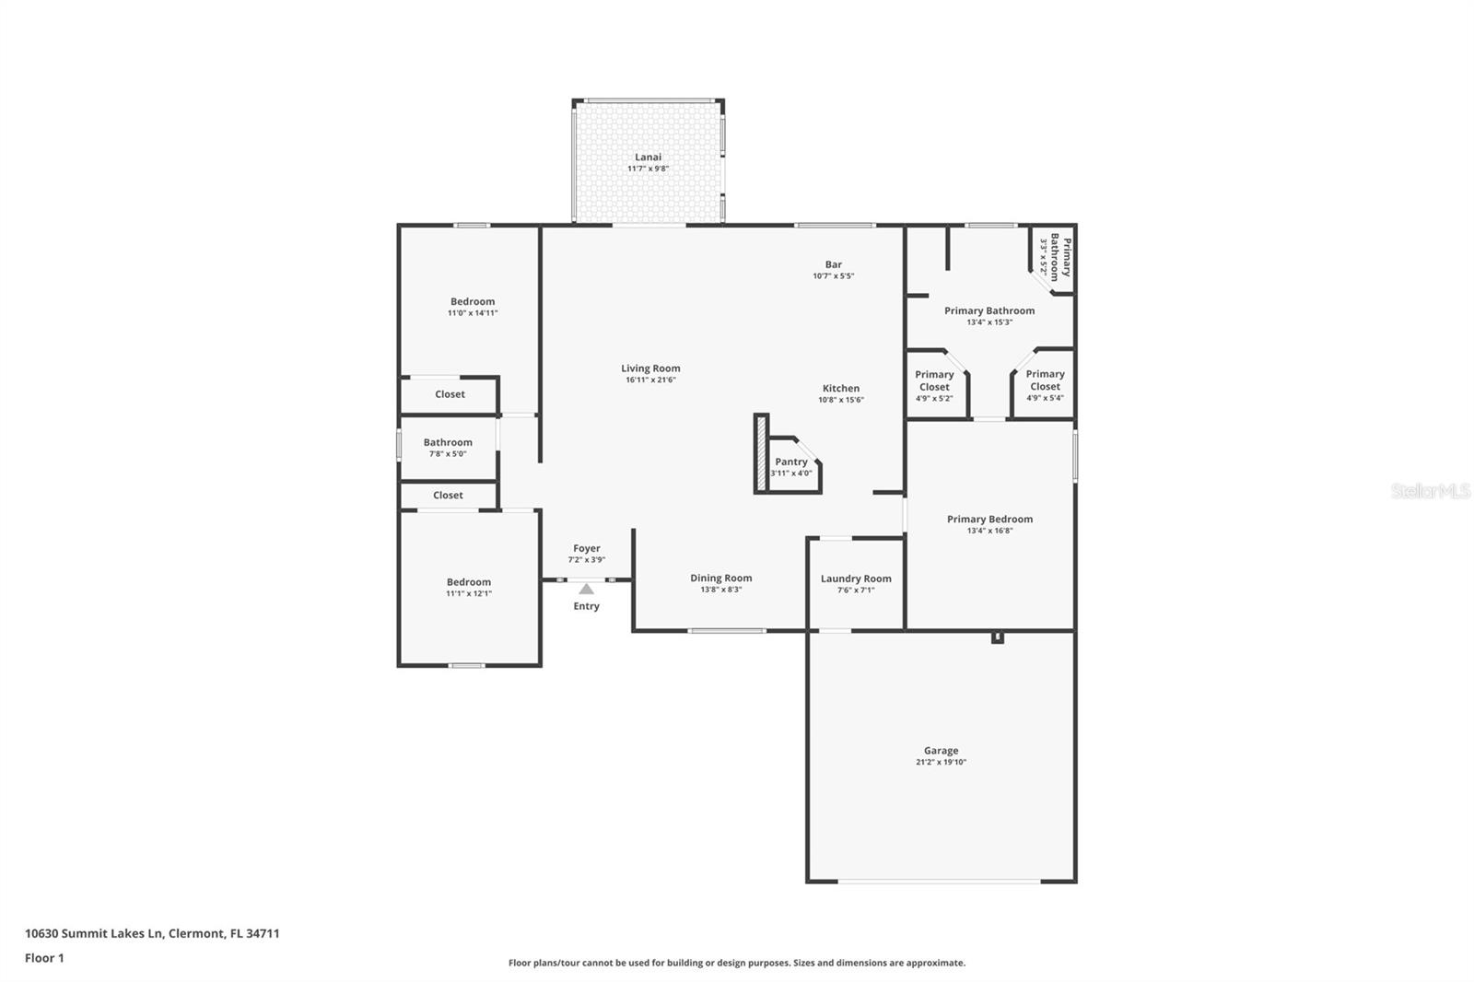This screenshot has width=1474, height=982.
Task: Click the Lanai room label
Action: [x=649, y=157]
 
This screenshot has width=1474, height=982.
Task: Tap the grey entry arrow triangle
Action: [x=586, y=589]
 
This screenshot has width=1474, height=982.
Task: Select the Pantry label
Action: [x=791, y=462]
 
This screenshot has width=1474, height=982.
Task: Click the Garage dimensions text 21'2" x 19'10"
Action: [x=941, y=762]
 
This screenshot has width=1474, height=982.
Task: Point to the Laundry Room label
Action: [x=856, y=579]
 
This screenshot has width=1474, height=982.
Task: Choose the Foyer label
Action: [x=586, y=548]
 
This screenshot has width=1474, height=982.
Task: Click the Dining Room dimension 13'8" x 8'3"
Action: [x=721, y=590]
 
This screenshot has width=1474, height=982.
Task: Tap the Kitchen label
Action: [x=841, y=389]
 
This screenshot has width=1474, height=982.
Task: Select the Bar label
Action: [x=834, y=264]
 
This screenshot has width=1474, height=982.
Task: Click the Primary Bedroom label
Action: [x=989, y=520]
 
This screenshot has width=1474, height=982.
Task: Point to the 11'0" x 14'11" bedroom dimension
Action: [x=473, y=313]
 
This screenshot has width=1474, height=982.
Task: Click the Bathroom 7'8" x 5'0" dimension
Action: [x=448, y=454]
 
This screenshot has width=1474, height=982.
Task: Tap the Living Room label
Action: [x=650, y=368]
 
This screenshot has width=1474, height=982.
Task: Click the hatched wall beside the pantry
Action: [x=761, y=453]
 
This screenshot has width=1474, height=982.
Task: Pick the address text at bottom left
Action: [x=152, y=933]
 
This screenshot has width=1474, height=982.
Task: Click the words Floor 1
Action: [x=44, y=958]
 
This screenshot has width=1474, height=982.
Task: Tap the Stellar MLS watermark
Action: [x=1431, y=490]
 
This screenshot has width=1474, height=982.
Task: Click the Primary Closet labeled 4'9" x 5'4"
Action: [x=1045, y=386]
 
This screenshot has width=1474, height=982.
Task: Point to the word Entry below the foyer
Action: [x=586, y=606]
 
